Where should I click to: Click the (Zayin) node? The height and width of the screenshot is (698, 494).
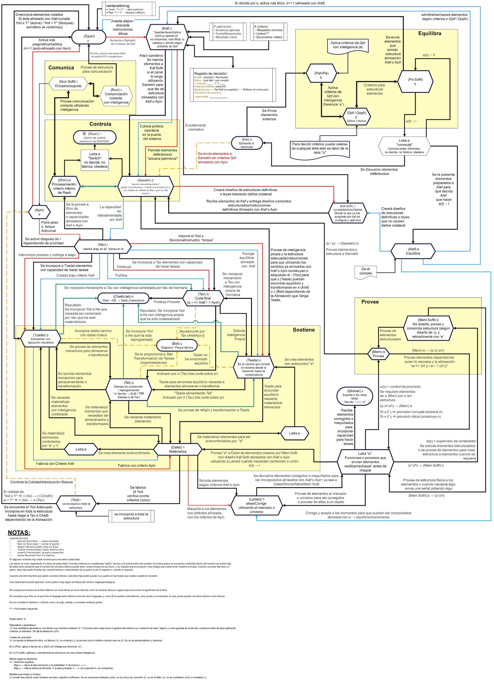pyautogui.click(x=89, y=37)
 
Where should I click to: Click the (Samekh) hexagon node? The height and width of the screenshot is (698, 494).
pyautogui.click(x=145, y=186)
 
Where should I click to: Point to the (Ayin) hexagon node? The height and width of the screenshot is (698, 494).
pyautogui.click(x=39, y=212)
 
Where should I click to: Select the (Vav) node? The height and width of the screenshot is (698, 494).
pyautogui.click(x=103, y=247)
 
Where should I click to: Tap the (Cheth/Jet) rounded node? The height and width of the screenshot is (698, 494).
pyautogui.click(x=123, y=298)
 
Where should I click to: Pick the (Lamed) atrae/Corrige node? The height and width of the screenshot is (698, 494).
pyautogui.click(x=256, y=505)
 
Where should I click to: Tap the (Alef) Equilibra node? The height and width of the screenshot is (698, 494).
pyautogui.click(x=413, y=251)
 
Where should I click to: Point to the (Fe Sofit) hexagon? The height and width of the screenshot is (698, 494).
pyautogui.click(x=415, y=81)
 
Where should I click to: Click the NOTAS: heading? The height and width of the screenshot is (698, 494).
pyautogui.click(x=19, y=532)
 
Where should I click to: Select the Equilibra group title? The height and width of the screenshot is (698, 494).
pyautogui.click(x=429, y=34)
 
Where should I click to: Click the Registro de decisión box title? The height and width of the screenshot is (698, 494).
pyautogui.click(x=211, y=73)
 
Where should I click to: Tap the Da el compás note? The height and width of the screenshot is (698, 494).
pyautogui.click(x=366, y=271)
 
